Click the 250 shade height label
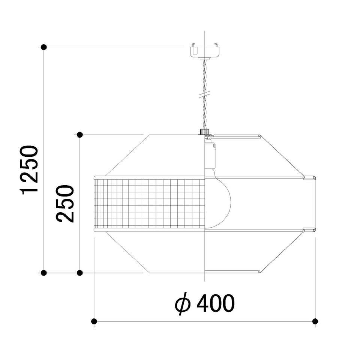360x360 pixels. click(x=65, y=204)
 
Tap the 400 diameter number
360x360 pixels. click(x=216, y=303)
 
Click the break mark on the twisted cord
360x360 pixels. click(x=205, y=94)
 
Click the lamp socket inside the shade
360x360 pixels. click(x=210, y=155)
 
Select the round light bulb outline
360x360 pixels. click(x=217, y=199)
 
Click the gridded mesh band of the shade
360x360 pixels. click(x=149, y=204)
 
